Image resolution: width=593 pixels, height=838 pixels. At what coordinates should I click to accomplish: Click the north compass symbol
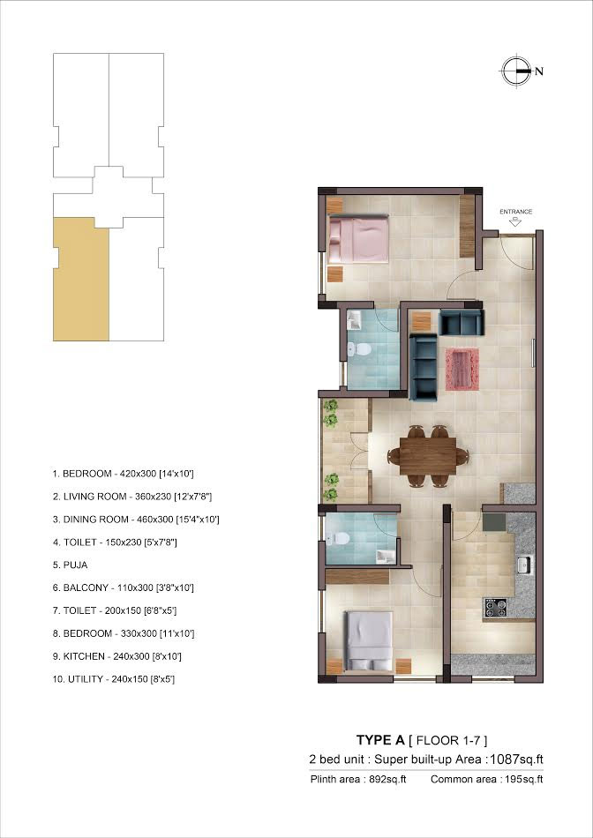coord(517,71)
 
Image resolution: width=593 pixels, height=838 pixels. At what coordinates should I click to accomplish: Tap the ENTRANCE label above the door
coord(515,212)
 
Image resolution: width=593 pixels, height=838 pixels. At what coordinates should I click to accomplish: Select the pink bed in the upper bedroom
coord(358,238)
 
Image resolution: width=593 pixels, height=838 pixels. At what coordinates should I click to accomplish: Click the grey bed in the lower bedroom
coord(369,640)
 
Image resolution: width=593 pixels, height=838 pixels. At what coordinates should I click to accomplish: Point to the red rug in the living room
coord(462,369)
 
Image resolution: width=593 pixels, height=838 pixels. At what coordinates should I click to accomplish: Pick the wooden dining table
coord(428,456)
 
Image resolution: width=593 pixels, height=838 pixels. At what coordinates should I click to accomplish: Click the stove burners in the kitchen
coord(495,608)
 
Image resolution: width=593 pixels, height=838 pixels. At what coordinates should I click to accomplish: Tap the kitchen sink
coord(524,565)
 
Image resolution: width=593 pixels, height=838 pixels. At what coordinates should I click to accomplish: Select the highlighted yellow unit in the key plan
coord(81,279)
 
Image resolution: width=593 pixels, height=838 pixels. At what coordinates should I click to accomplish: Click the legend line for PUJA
coord(70,565)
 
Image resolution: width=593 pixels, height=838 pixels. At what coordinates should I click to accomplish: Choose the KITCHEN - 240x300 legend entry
coord(116,656)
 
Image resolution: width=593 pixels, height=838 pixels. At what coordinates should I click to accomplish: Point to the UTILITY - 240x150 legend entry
coord(113,679)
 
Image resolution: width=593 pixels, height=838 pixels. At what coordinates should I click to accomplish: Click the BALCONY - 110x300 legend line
coord(123,587)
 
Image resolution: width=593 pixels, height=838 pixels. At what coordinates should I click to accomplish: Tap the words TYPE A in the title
coord(380,740)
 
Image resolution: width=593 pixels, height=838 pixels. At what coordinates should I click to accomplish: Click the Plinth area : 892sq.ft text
coord(358,779)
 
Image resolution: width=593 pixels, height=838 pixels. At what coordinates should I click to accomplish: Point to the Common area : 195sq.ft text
coord(486,779)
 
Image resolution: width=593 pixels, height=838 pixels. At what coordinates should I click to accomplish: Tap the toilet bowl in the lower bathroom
coord(339,538)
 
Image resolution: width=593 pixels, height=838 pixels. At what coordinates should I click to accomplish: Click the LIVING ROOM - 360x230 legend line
coord(132,497)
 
